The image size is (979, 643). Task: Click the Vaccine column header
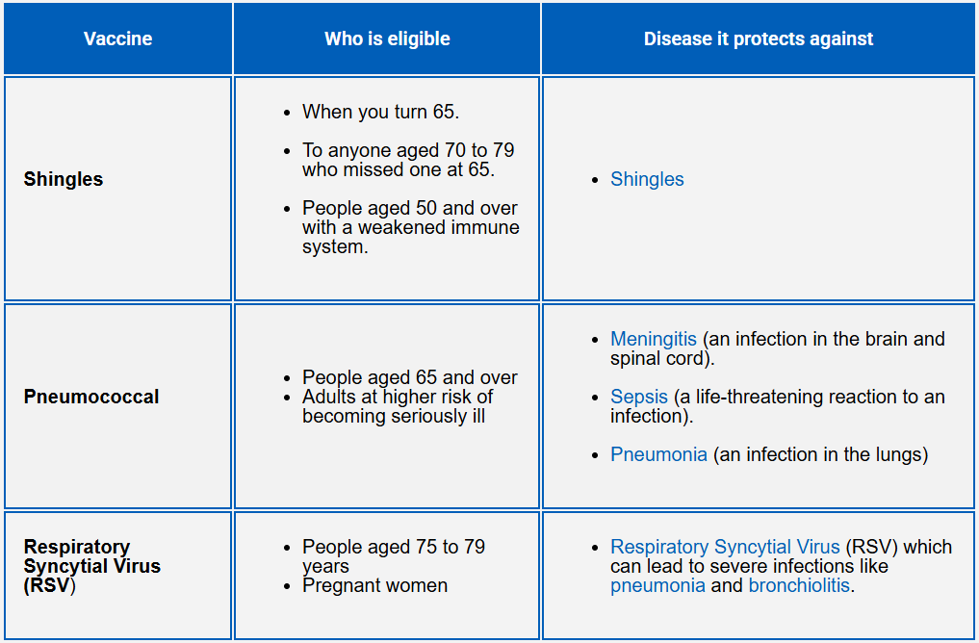coord(117,39)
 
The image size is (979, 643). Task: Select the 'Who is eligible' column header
coord(387,39)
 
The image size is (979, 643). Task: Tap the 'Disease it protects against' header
coord(759,39)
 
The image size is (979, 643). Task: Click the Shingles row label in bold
coord(64,179)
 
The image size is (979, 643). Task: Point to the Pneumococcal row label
coord(91,397)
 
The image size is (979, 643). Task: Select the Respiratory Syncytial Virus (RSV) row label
coord(92,566)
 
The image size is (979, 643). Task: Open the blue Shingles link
coord(647,179)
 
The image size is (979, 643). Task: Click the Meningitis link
coord(654,339)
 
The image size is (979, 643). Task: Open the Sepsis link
coord(639,397)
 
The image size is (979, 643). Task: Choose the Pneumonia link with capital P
coord(658,454)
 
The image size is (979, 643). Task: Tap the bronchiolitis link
coord(799,585)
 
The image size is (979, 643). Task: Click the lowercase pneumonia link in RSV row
coord(657,585)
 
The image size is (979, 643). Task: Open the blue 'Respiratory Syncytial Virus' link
coord(725,547)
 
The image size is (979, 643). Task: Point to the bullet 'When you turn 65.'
coord(380,112)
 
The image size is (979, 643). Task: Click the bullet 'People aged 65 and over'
coord(409,377)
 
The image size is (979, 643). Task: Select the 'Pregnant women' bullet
coord(374,585)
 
